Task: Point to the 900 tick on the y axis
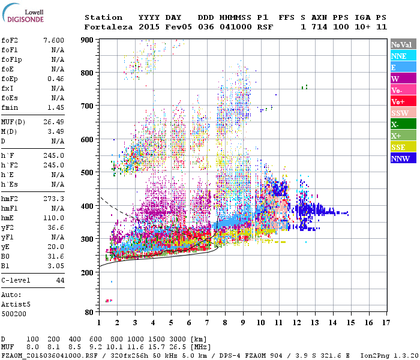[x=87, y=40]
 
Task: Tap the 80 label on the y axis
[x=89, y=313]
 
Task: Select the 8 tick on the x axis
[x=224, y=323]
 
